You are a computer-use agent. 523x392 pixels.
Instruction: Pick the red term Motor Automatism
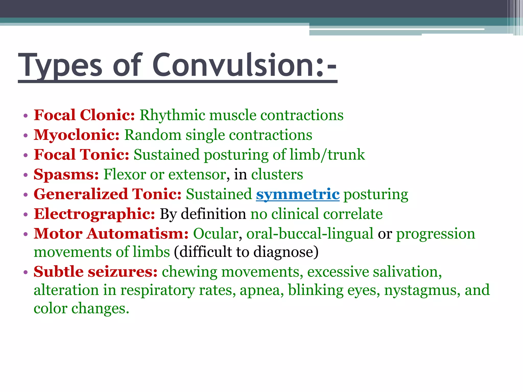[x=111, y=234]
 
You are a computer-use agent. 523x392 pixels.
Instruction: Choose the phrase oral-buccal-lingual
[x=310, y=234]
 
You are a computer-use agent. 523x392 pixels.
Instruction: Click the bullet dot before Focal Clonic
[x=25, y=116]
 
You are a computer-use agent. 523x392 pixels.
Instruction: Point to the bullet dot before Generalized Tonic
[x=25, y=195]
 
